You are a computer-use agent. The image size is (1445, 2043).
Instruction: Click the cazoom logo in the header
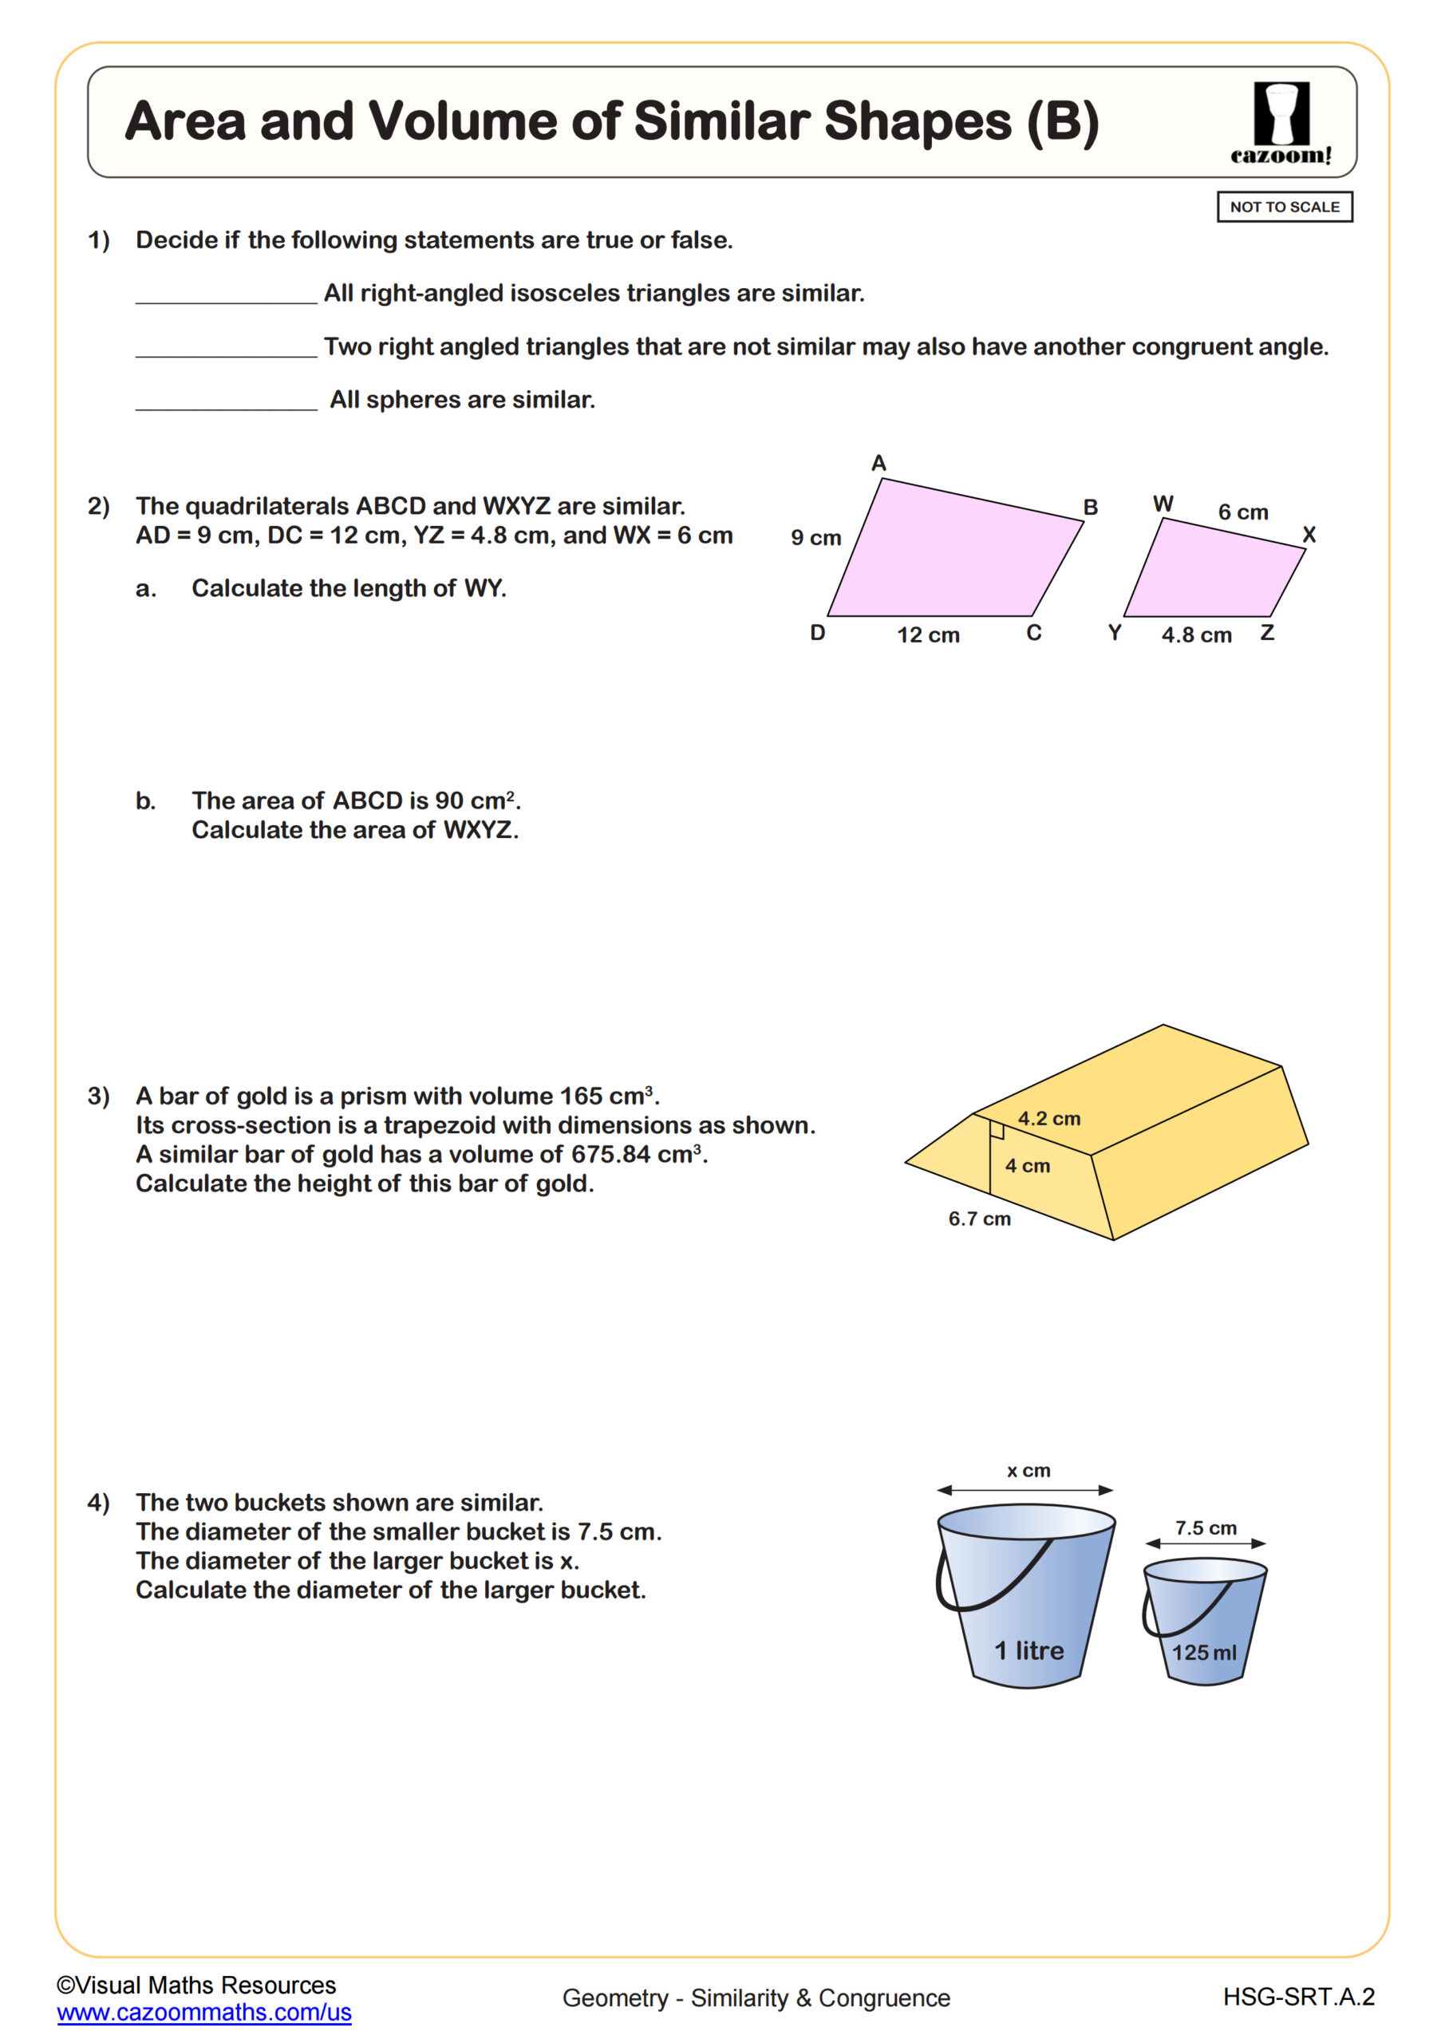click(x=1281, y=123)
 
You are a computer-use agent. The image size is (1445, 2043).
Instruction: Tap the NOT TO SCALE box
click(x=1284, y=207)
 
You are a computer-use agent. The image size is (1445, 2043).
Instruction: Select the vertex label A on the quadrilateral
click(x=878, y=463)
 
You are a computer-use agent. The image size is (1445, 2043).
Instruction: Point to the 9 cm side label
click(x=816, y=537)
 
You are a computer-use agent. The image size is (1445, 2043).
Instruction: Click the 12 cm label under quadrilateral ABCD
click(x=928, y=634)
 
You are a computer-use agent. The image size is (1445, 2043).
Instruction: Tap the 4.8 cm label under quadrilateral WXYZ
click(x=1196, y=634)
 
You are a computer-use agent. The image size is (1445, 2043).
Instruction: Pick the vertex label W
click(x=1162, y=504)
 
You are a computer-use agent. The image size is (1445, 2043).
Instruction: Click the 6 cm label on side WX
click(x=1242, y=512)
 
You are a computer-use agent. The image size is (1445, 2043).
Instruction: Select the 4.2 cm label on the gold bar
click(x=1049, y=1119)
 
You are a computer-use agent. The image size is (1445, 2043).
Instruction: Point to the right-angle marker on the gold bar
click(x=997, y=1131)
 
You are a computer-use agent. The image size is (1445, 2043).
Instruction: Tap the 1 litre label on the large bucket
click(x=1028, y=1650)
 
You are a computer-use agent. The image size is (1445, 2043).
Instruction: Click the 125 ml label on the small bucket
click(x=1203, y=1653)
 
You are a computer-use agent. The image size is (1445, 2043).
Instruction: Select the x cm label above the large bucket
click(x=1028, y=1470)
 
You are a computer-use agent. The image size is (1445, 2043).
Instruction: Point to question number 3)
click(x=98, y=1096)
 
